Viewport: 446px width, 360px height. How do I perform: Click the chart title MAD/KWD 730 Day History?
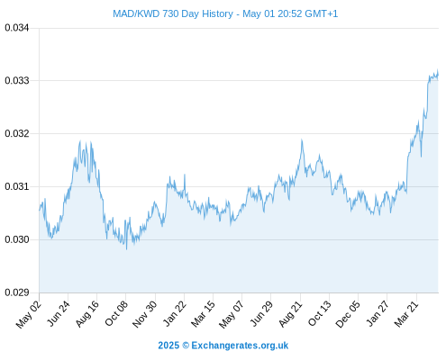(173, 13)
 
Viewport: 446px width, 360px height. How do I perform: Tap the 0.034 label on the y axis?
(17, 28)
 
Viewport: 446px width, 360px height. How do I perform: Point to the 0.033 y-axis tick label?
(17, 80)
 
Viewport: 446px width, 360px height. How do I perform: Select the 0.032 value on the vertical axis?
(17, 133)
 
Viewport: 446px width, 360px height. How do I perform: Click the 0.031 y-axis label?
(17, 186)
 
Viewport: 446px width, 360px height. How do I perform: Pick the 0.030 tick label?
(17, 239)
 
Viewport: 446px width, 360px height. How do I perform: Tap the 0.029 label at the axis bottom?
(17, 292)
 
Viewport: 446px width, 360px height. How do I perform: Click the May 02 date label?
(29, 314)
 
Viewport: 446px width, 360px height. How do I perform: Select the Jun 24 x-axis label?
(59, 313)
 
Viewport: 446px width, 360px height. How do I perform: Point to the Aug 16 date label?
(87, 313)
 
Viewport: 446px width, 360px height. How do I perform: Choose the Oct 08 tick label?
(116, 313)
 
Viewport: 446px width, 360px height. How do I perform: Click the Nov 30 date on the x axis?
(145, 314)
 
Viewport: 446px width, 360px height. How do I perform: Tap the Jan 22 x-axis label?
(175, 313)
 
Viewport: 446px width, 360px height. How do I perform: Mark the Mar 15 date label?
(204, 313)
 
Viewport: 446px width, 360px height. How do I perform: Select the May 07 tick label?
(232, 314)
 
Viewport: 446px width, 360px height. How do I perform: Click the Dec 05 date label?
(348, 314)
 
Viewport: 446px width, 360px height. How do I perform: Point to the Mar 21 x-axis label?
(406, 313)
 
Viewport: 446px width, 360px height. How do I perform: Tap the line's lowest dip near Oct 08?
(127, 249)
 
